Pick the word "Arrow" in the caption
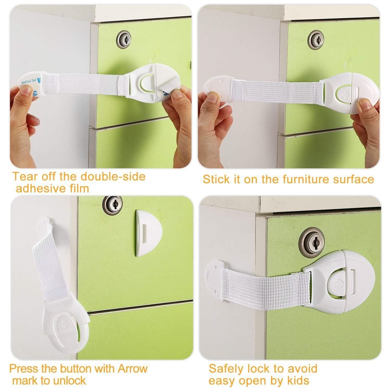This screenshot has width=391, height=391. click(x=132, y=369)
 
